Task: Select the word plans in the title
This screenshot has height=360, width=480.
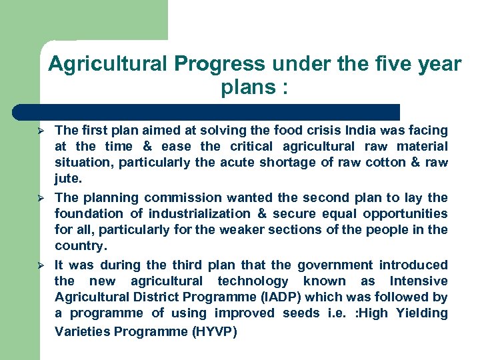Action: click(x=246, y=88)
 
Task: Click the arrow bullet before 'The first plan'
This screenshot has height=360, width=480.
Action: click(x=40, y=130)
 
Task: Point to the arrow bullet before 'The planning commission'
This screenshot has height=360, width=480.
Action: click(x=40, y=198)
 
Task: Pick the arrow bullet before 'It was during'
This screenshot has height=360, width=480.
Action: click(x=40, y=265)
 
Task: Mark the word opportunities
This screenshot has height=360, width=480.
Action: click(x=405, y=214)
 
